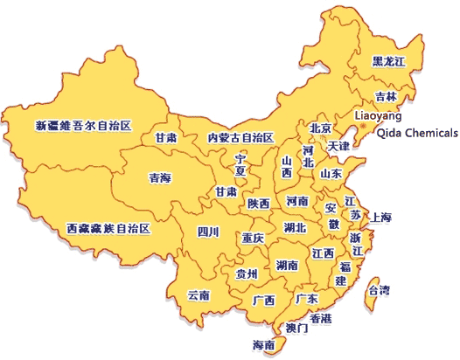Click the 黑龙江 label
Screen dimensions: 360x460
click(389, 61)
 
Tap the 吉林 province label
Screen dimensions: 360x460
click(386, 96)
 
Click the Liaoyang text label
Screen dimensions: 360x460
click(378, 115)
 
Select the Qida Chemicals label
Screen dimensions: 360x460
click(415, 133)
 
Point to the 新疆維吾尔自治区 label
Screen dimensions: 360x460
click(82, 126)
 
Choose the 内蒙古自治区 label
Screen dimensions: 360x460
click(240, 138)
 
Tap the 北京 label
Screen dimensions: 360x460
click(321, 128)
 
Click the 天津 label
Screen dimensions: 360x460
click(338, 146)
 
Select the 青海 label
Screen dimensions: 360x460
click(160, 177)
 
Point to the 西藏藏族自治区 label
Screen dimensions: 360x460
click(109, 228)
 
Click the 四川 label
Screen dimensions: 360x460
click(207, 232)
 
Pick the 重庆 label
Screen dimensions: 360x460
click(254, 238)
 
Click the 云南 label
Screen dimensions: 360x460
click(199, 295)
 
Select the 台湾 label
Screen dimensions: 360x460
click(379, 289)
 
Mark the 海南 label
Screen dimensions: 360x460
click(263, 345)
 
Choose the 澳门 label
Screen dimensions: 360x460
click(297, 329)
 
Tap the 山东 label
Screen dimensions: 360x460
click(331, 173)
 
